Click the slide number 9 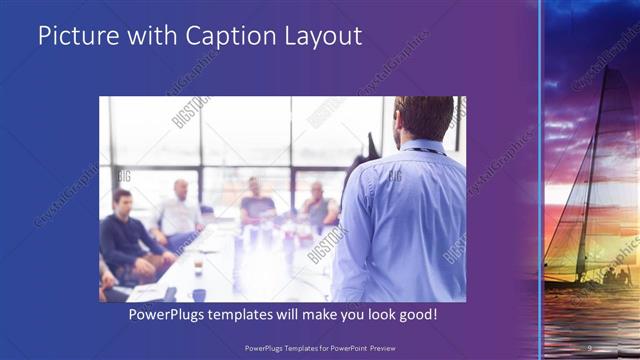coord(590,348)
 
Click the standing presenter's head coord(424,118)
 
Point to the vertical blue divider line coord(540,180)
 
